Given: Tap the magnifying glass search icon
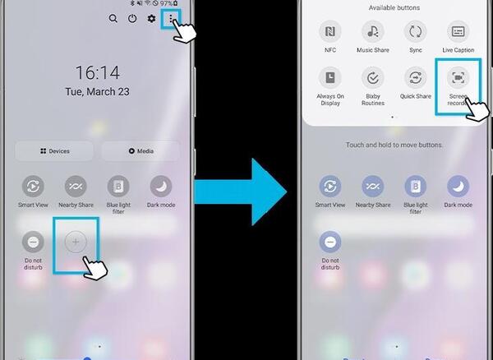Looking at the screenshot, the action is tap(113, 19).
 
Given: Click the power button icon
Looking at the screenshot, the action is tap(132, 19).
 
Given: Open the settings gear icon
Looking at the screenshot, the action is tap(151, 19).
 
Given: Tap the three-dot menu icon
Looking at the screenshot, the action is tap(170, 19).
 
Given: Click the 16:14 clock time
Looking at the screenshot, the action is tap(98, 72).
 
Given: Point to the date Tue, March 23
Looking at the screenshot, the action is tap(97, 91).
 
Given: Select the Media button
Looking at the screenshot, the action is tap(141, 151).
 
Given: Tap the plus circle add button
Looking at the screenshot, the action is tap(76, 242).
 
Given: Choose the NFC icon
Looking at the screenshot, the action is tap(330, 31).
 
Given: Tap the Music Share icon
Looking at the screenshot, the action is tap(373, 31).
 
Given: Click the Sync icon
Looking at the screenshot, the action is tap(415, 31).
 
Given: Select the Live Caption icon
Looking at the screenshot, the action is tap(458, 31).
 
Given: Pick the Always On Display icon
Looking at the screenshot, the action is tap(330, 77).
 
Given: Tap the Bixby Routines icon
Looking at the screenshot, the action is tap(373, 77).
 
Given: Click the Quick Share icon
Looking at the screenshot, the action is tap(415, 77).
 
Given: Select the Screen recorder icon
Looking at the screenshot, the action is tap(458, 77).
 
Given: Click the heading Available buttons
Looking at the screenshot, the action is tap(394, 7).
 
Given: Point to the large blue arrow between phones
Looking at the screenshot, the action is tap(241, 192).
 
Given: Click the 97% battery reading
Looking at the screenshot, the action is tap(166, 3).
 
